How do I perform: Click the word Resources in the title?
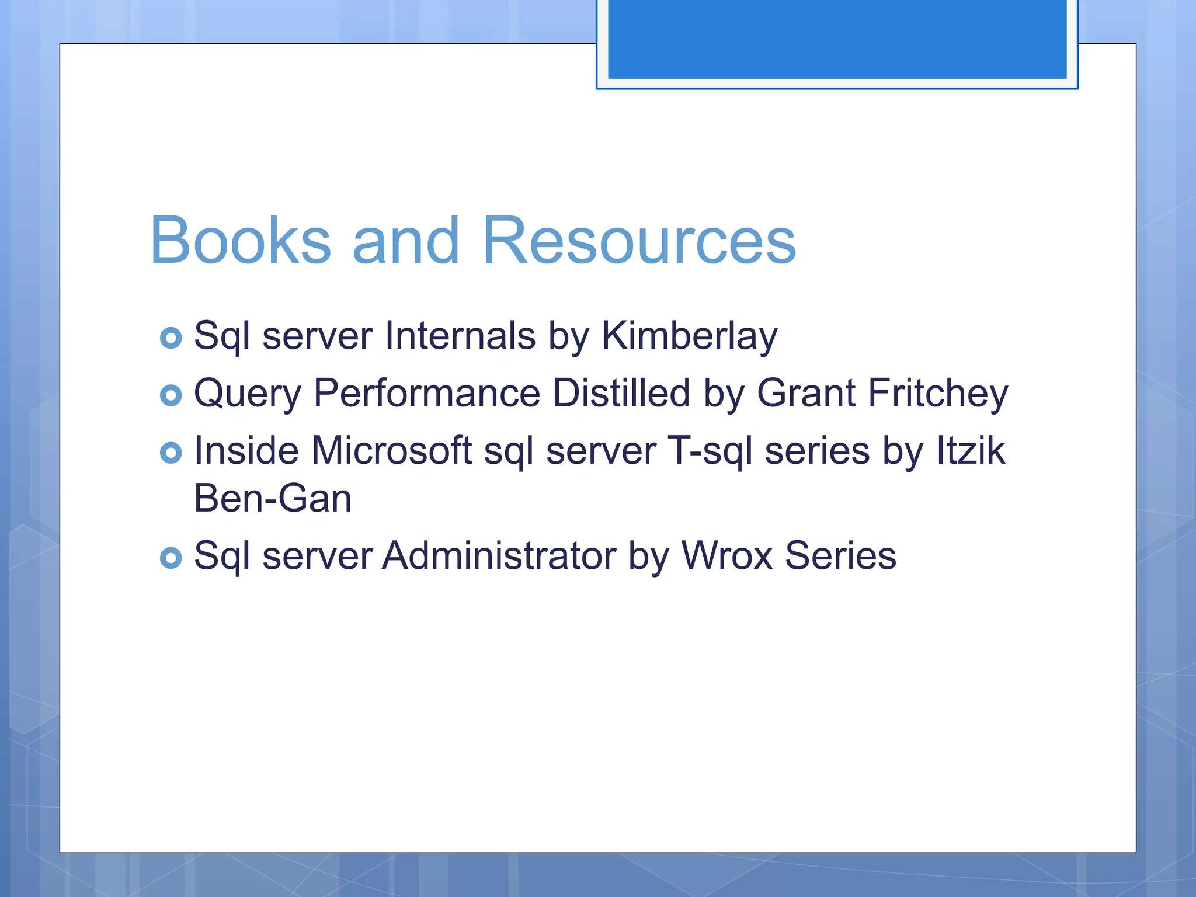[639, 241]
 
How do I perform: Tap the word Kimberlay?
[689, 337]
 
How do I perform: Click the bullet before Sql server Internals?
[171, 338]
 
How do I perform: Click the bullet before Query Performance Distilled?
[171, 395]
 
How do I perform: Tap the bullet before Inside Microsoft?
[171, 453]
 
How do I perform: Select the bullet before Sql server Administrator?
[171, 558]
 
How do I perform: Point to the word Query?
[247, 394]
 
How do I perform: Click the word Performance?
[427, 393]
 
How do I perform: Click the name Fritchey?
[938, 393]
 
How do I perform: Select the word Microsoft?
[391, 450]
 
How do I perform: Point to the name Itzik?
[971, 450]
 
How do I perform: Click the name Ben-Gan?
[272, 499]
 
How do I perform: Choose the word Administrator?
[499, 555]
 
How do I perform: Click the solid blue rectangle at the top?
[837, 39]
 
